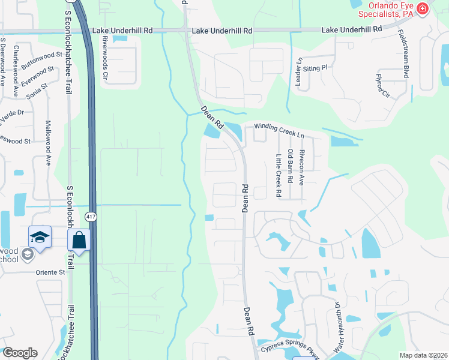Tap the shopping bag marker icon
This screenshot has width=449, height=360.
point(79,241)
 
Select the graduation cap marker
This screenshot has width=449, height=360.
point(40,237)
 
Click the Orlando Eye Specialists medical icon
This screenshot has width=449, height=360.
point(423,8)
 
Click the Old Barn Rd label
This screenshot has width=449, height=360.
point(291,166)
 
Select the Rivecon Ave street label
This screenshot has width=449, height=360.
point(302,166)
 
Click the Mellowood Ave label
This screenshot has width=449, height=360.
point(49,143)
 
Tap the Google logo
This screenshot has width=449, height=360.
point(20,353)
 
